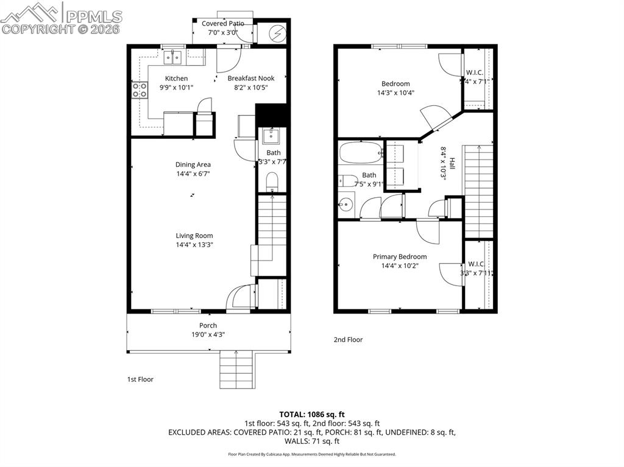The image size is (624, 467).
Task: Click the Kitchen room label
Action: (x=176, y=79)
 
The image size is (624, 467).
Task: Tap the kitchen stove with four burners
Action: (x=140, y=90)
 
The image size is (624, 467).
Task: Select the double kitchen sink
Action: (x=174, y=57)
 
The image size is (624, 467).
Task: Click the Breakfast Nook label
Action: (x=251, y=79)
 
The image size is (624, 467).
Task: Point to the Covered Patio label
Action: (x=223, y=24)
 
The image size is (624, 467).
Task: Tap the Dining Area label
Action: (x=193, y=164)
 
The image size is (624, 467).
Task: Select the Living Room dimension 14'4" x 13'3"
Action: (x=194, y=245)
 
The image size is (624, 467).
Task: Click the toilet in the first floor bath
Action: (x=272, y=181)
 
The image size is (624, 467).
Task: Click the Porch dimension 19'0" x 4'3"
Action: (x=208, y=334)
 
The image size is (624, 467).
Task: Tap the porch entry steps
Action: (x=236, y=370)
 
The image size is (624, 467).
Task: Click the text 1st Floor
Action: (x=140, y=379)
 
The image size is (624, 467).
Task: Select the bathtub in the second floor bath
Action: (x=360, y=152)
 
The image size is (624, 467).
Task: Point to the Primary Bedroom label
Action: (x=400, y=257)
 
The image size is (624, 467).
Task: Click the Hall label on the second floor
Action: (x=452, y=163)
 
